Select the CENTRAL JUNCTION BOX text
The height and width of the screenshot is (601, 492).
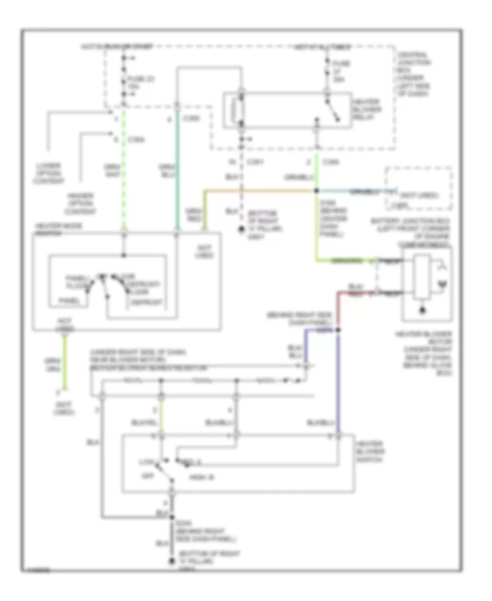click(414, 74)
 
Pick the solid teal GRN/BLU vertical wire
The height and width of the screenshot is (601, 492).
click(177, 180)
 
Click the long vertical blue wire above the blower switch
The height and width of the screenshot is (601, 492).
click(338, 382)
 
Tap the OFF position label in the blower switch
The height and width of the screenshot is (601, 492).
click(146, 476)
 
